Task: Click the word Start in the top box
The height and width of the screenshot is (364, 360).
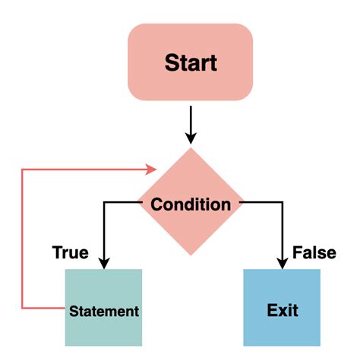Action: [x=191, y=62]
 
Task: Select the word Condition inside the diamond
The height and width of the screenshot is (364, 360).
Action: [x=191, y=204]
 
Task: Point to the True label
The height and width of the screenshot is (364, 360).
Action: [x=70, y=252]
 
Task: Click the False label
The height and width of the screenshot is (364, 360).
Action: [x=314, y=252]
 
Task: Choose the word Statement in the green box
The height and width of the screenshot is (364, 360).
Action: [x=104, y=311]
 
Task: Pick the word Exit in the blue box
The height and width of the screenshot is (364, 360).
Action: [x=283, y=310]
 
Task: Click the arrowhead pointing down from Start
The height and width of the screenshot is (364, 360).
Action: [x=191, y=138]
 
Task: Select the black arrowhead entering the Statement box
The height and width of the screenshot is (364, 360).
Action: [x=103, y=262]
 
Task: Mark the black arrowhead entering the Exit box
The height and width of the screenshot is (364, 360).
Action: [x=282, y=262]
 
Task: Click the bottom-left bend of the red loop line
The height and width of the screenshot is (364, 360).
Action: [x=22, y=308]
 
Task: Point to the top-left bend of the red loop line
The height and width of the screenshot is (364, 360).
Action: [x=22, y=169]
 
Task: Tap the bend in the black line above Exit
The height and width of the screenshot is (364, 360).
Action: [x=282, y=204]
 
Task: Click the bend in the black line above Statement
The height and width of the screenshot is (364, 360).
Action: [x=103, y=204]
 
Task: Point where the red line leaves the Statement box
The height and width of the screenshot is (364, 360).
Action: [x=65, y=308]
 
